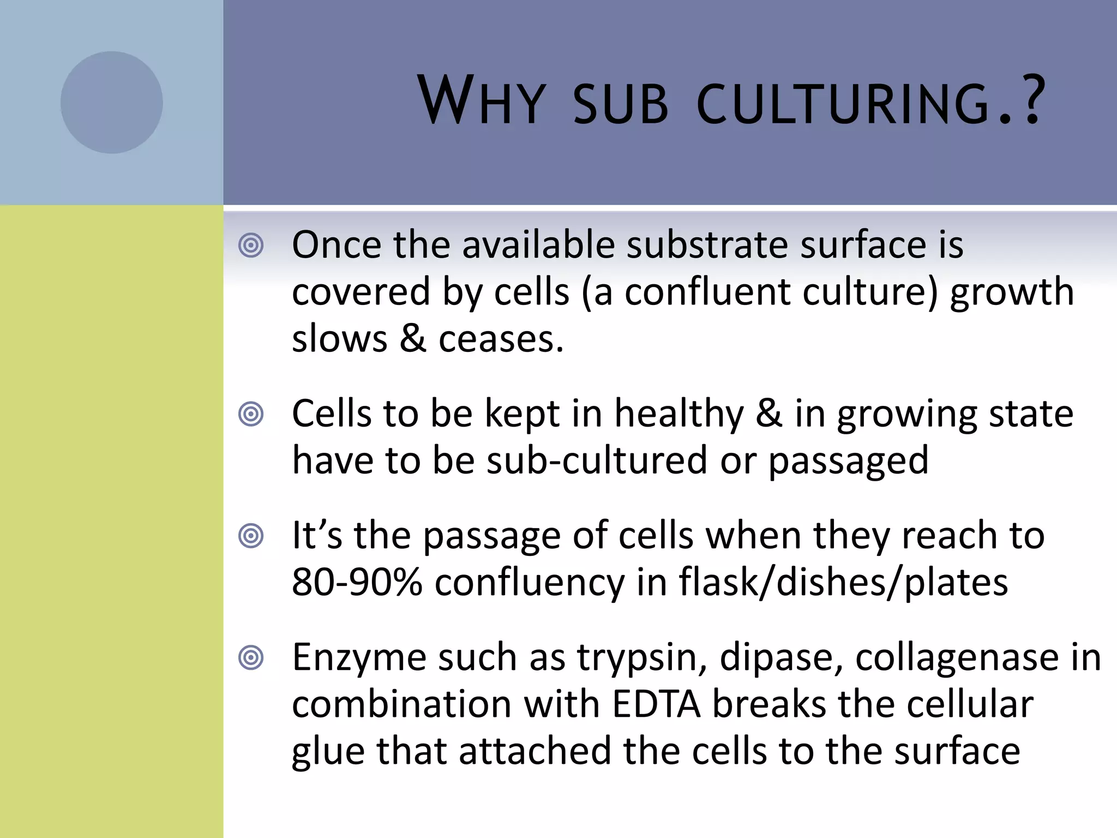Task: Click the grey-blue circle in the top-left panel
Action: tap(111, 103)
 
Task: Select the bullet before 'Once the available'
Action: tap(251, 246)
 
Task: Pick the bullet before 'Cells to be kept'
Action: tap(251, 415)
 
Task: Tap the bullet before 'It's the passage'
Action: tap(251, 536)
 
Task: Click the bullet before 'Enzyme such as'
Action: tap(251, 658)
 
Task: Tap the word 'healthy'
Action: tap(678, 415)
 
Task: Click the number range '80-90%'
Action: tap(357, 582)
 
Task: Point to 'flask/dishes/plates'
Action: tap(843, 583)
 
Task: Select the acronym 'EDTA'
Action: tap(656, 704)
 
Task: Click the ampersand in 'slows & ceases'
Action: tap(413, 339)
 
